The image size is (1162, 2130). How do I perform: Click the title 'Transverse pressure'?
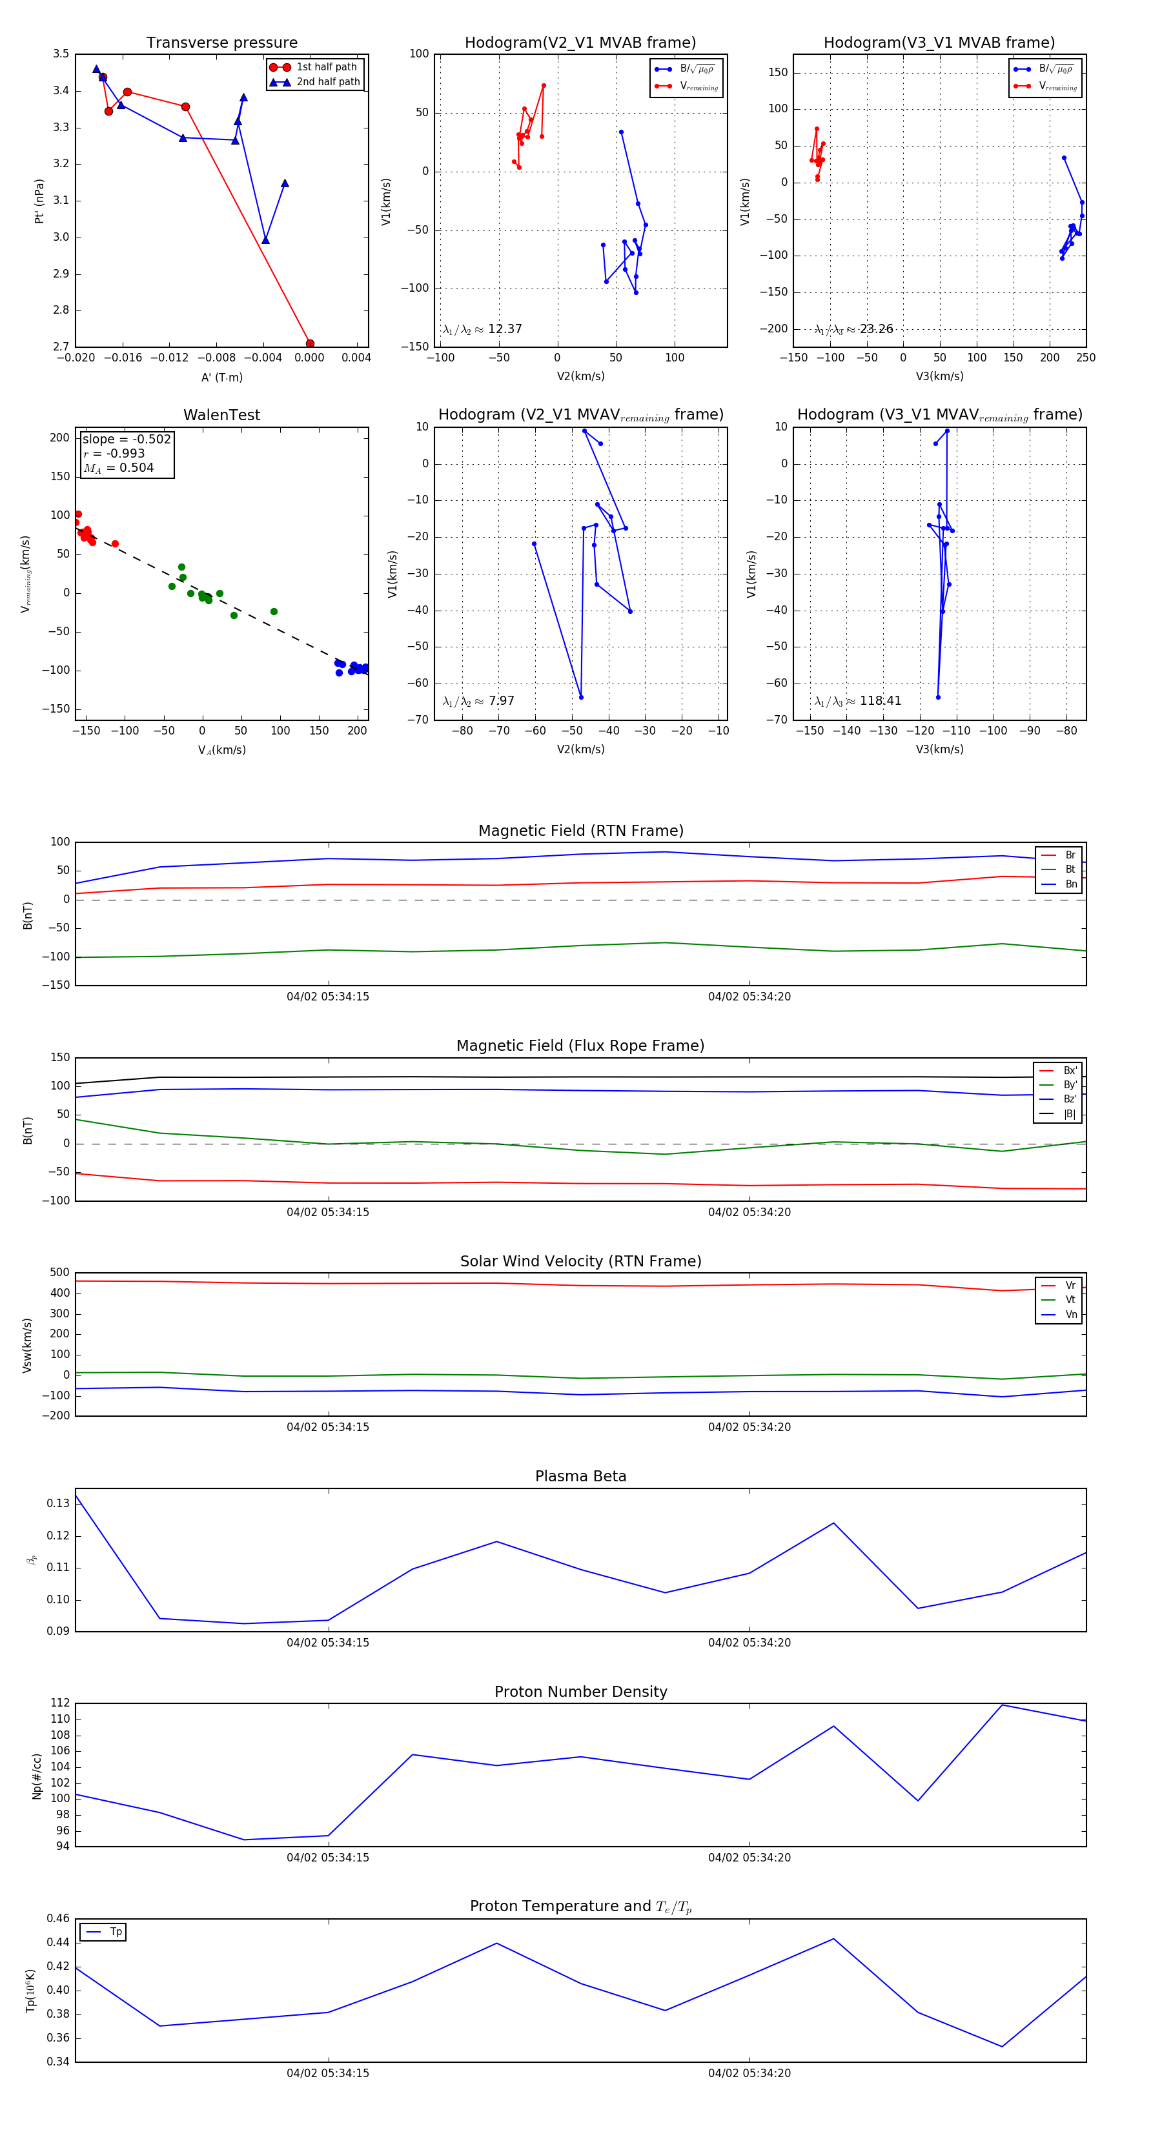pos(221,43)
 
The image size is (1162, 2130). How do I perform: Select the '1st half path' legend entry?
pos(326,67)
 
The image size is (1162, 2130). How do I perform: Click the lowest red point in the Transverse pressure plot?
pos(310,343)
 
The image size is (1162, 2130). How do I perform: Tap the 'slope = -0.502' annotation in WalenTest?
pos(127,439)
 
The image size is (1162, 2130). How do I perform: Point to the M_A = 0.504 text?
pos(118,468)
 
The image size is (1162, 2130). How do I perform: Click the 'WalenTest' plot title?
pos(221,415)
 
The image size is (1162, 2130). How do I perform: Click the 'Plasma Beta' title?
pos(580,1476)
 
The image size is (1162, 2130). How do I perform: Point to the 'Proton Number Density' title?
pos(580,1692)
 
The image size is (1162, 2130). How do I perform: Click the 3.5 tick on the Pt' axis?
pos(61,54)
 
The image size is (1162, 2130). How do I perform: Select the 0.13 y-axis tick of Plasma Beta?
pos(58,1503)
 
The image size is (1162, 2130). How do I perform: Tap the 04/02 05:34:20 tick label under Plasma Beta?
pos(749,1642)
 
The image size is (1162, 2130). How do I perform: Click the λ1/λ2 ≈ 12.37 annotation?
pos(482,329)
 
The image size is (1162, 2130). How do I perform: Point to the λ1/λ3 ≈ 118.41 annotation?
pos(858,701)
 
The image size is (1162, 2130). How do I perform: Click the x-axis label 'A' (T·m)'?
pos(221,377)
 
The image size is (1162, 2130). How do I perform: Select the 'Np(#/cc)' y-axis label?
pos(36,1776)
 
